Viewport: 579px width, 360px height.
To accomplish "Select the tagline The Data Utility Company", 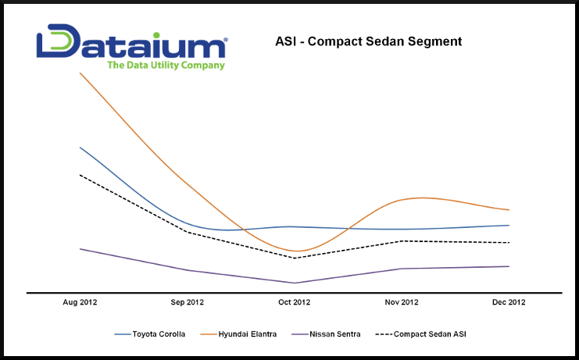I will click(x=166, y=66).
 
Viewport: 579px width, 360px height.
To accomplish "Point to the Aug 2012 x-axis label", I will click(x=80, y=302).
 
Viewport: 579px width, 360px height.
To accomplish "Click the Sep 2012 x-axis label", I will click(x=187, y=302).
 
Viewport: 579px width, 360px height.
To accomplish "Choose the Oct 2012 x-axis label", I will click(x=295, y=302).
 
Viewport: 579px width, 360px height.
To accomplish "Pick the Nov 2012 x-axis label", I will click(x=402, y=302).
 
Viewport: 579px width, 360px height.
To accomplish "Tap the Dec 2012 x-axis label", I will click(x=509, y=302).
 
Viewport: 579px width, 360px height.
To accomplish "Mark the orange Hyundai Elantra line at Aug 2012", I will click(x=80, y=73).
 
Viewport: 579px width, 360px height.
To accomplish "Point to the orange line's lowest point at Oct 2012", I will click(x=295, y=251).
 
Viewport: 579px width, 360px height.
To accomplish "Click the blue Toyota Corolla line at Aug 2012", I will click(x=80, y=147).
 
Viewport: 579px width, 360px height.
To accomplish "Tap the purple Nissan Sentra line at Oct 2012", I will click(x=295, y=283).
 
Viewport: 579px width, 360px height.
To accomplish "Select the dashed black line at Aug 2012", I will click(x=80, y=175).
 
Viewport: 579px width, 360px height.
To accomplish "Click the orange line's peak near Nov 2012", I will click(x=422, y=198).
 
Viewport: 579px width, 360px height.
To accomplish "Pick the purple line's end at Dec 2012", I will click(x=509, y=266).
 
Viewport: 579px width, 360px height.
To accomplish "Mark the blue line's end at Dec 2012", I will click(x=509, y=225).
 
